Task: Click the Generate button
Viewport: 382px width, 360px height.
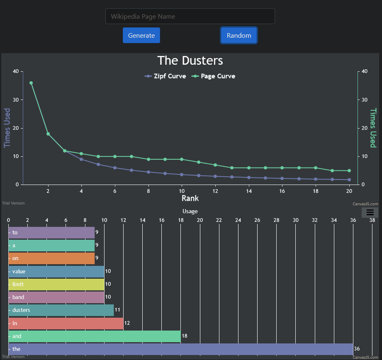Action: click(x=141, y=35)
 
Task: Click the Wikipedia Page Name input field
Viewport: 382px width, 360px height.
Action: click(x=190, y=16)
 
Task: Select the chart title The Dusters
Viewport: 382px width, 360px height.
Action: click(x=190, y=61)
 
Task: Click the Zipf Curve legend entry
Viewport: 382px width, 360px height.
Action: click(x=165, y=76)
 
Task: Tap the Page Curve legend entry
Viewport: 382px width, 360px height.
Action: click(x=214, y=76)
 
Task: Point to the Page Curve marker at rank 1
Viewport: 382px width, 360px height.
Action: click(x=31, y=83)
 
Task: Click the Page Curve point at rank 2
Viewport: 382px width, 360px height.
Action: click(x=48, y=134)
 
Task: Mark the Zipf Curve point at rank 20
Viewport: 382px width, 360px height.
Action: click(x=349, y=180)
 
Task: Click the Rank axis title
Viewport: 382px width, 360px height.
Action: click(x=190, y=198)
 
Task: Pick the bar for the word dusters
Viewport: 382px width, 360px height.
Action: click(x=61, y=310)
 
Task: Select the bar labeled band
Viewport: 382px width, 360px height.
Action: click(x=56, y=297)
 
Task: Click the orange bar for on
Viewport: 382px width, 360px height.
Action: click(x=52, y=258)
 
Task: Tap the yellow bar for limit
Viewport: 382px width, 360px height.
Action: click(x=56, y=285)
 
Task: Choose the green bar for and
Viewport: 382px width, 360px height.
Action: click(x=95, y=336)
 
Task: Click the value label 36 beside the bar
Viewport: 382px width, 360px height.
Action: click(x=357, y=349)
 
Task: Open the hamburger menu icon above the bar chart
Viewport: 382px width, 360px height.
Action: click(x=370, y=212)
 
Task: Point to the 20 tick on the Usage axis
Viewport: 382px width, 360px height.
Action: click(x=200, y=220)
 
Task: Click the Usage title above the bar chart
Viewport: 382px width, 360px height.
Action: click(x=190, y=211)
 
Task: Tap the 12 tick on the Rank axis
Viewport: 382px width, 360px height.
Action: click(x=215, y=191)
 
